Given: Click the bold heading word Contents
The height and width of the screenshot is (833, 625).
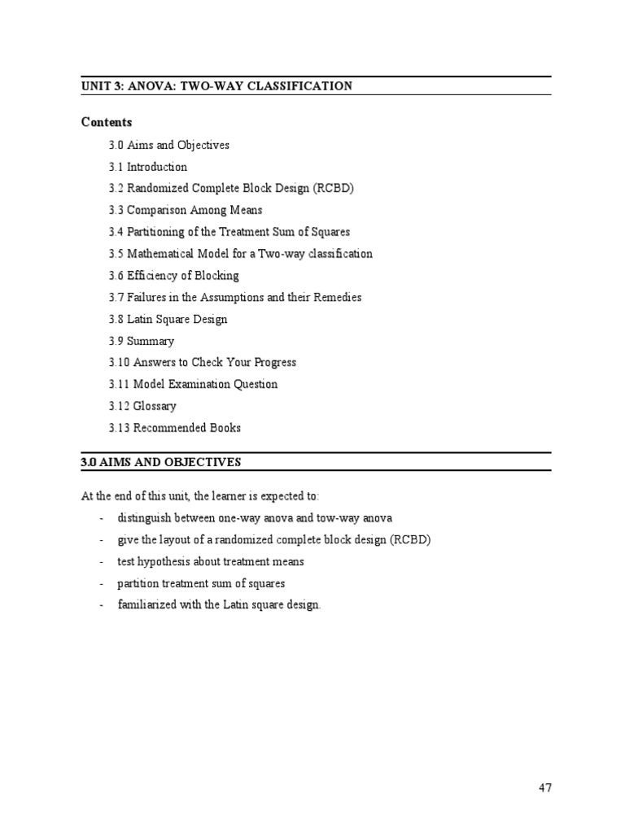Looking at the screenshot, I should pyautogui.click(x=107, y=122).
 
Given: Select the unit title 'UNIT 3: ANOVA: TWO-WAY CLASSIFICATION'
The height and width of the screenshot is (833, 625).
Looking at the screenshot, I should pyautogui.click(x=216, y=85).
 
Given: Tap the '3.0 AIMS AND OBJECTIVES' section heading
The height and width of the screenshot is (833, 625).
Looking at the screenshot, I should pyautogui.click(x=161, y=462).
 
